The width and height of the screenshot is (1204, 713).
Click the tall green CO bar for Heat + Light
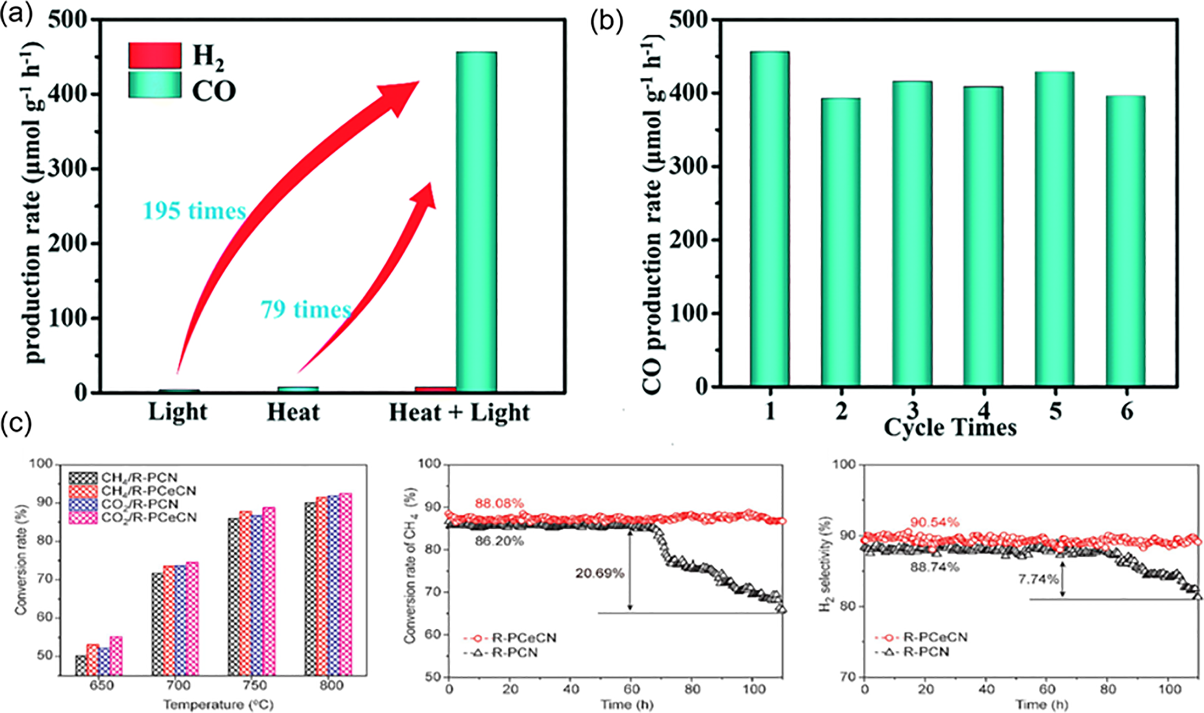[476, 221]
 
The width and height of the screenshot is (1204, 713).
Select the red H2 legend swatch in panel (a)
[155, 56]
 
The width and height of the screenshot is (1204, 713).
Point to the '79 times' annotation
[306, 309]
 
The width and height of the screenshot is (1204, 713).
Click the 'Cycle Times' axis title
[950, 426]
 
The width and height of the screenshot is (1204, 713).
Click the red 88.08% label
[499, 504]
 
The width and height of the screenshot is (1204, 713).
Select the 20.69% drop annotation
[600, 573]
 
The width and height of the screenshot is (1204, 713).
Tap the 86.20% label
[499, 541]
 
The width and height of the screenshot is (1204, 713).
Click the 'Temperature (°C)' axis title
[218, 704]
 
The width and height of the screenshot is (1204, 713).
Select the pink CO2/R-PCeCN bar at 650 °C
[116, 656]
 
